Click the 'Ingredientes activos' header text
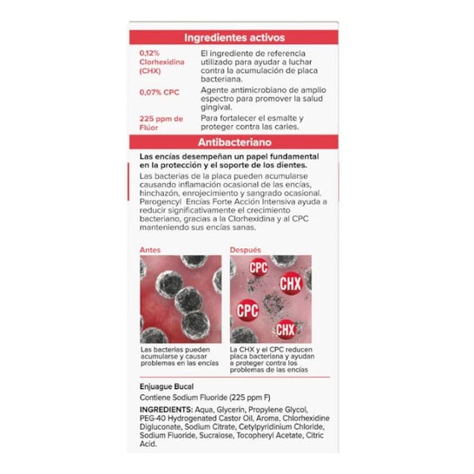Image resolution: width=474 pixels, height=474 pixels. coord(235,37)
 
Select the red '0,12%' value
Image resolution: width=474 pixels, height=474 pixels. coord(149,54)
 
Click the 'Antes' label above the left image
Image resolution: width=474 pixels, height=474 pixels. coord(149,249)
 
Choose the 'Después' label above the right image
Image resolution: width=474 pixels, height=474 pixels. coord(246,249)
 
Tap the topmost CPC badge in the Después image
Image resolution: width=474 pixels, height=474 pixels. coord(259,268)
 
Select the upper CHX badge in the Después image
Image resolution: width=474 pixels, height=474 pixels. coord(290,283)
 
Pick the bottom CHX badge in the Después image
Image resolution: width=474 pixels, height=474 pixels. coord(285,329)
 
